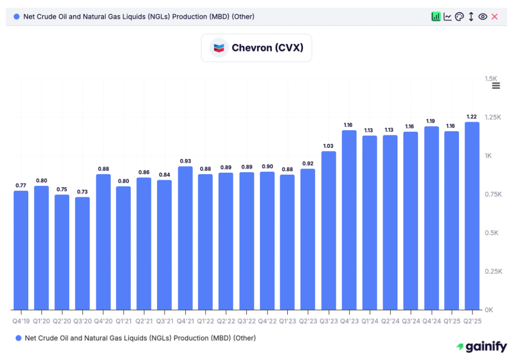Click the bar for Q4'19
click(21, 250)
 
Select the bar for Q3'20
click(82, 253)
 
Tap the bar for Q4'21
click(185, 238)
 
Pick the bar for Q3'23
click(329, 230)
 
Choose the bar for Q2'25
click(472, 216)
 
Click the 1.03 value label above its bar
click(329, 146)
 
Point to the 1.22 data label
click(472, 117)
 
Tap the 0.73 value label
click(82, 192)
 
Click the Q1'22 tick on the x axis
click(205, 320)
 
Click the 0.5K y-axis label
click(492, 233)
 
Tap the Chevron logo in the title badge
click(219, 48)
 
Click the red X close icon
click(494, 17)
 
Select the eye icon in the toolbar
click(483, 17)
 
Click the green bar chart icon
click(436, 17)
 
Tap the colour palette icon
click(459, 17)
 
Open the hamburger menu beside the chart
click(496, 85)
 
